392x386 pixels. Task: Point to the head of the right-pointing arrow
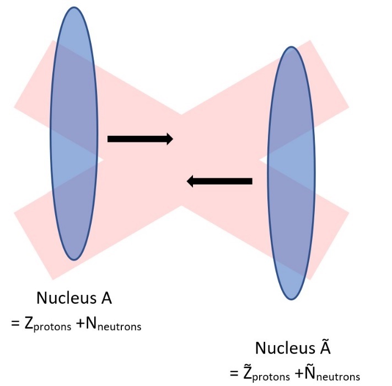pyautogui.click(x=168, y=139)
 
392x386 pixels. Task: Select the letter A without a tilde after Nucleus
pyautogui.click(x=106, y=298)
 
